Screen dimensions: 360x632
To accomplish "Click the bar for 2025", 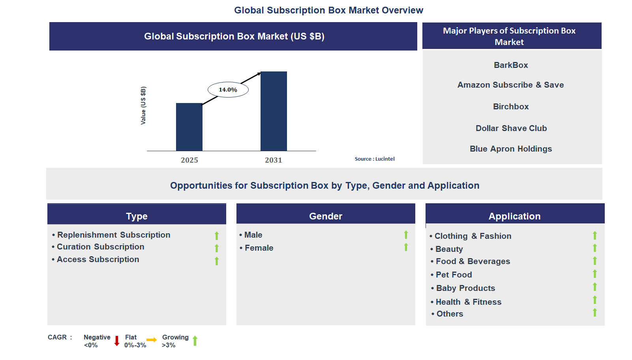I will (x=189, y=127).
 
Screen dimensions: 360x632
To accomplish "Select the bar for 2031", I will (x=274, y=111).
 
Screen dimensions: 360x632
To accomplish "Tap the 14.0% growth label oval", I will (x=228, y=90).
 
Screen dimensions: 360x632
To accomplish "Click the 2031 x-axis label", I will (x=274, y=160).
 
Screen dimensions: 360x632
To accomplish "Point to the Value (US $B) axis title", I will (x=143, y=105).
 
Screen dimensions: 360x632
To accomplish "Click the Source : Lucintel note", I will (x=374, y=159).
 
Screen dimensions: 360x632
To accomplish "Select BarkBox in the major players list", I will (x=510, y=65).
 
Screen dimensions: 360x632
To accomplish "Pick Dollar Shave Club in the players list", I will (x=511, y=128).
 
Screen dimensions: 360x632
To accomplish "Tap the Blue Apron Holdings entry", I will (x=510, y=149).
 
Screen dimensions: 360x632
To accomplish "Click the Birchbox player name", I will (x=510, y=107).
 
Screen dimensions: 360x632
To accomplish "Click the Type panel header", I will (x=137, y=216).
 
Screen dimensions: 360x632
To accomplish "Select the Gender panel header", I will (x=325, y=216).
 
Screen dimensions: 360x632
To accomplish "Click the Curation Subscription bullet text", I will (x=100, y=247).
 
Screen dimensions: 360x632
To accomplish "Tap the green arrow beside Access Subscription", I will (x=216, y=261).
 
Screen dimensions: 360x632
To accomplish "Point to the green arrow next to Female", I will (x=406, y=247).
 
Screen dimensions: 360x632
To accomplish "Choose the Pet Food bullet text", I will (x=454, y=275).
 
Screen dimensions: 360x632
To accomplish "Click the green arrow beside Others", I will (x=594, y=313).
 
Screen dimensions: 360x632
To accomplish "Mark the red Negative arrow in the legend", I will (x=117, y=341).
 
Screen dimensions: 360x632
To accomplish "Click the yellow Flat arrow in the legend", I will (x=152, y=340).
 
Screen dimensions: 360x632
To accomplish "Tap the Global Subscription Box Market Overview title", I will (x=328, y=10).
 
